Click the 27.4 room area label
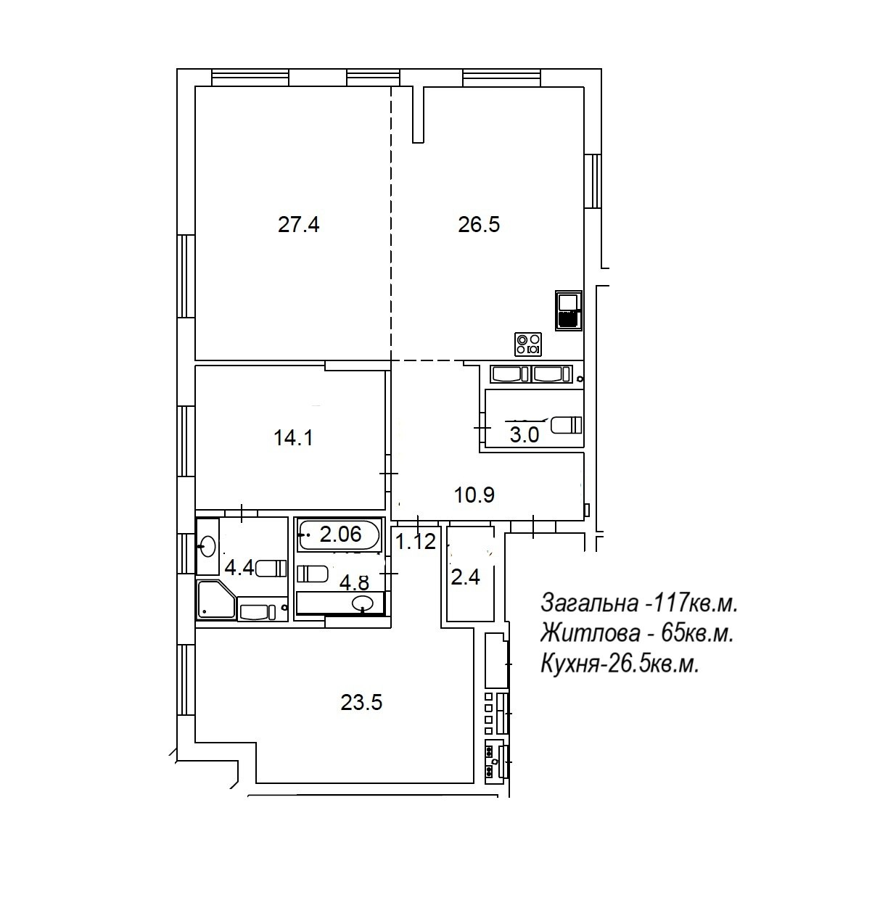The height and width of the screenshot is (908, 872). pos(298,225)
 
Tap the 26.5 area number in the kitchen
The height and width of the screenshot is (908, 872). pos(479,225)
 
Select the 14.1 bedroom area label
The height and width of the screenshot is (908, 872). pos(293,438)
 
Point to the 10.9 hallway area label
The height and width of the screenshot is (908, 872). pos(474,495)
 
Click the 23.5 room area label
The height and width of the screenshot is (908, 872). pos(361,702)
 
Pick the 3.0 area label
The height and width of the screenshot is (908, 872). pos(525,435)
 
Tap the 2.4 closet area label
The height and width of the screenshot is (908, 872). pos(466,578)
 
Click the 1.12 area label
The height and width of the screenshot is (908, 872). pos(416,542)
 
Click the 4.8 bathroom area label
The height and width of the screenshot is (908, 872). pos(355,582)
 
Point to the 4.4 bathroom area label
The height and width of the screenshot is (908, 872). pos(239,569)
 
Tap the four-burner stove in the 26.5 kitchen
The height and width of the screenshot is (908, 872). pos(528,344)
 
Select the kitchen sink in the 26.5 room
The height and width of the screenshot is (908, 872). pos(569,310)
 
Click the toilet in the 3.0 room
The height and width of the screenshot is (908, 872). pos(567,425)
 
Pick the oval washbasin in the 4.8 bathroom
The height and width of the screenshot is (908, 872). pos(363,603)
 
